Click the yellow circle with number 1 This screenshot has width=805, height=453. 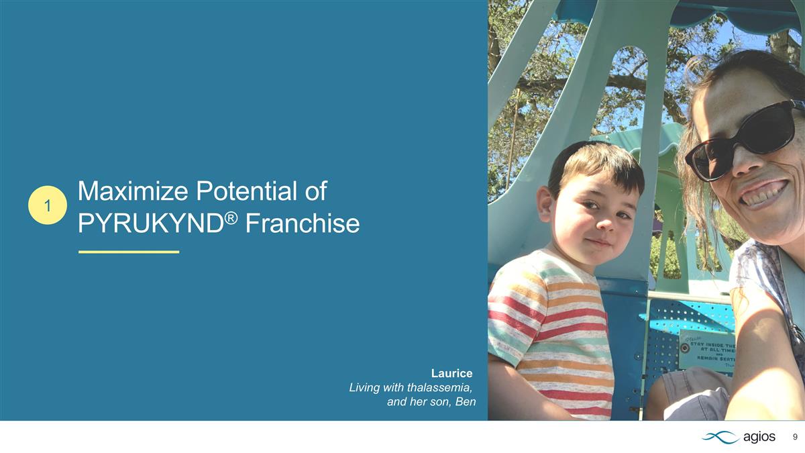[48, 205]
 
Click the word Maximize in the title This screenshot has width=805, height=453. [133, 192]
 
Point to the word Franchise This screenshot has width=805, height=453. [302, 223]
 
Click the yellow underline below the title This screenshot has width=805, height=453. [129, 252]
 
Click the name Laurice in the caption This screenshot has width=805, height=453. [451, 373]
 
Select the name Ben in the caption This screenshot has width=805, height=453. [465, 402]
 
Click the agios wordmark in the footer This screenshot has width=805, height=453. [760, 437]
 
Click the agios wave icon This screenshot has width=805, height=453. [720, 437]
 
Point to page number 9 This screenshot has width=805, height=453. [795, 437]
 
